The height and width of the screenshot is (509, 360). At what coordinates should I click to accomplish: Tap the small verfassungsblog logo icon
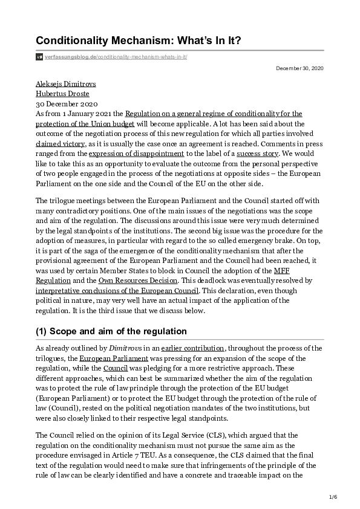(x=39, y=57)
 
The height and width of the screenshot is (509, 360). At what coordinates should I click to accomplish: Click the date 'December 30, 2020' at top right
(x=299, y=68)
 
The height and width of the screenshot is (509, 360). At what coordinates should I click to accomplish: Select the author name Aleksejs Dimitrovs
(x=66, y=84)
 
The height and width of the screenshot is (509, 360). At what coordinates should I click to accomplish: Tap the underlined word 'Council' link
(x=116, y=368)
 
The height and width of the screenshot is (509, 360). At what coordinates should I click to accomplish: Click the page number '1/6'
(x=332, y=497)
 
